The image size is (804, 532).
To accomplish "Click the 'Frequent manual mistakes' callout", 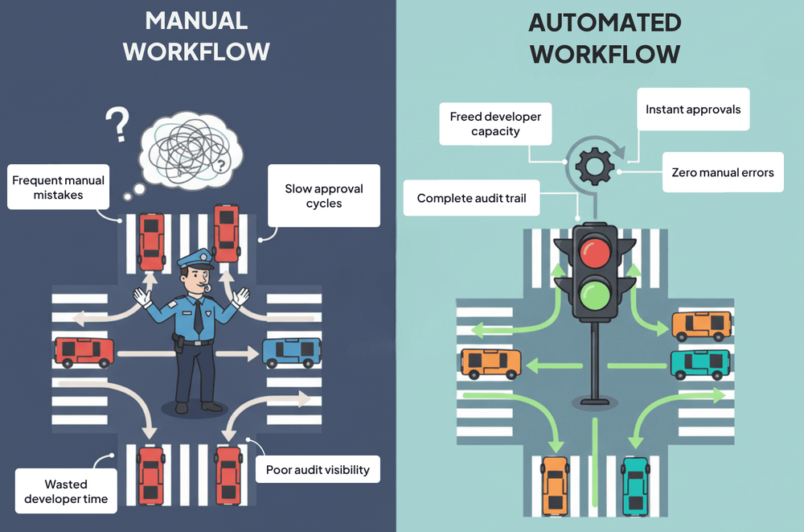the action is (x=58, y=187).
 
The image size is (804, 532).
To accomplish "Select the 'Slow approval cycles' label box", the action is (x=323, y=196).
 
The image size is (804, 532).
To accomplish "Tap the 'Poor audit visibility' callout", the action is (x=318, y=469).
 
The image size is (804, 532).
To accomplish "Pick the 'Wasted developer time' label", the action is (x=66, y=491).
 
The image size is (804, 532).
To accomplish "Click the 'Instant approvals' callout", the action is (x=693, y=109).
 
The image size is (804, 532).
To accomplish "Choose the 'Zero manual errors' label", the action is (x=723, y=172).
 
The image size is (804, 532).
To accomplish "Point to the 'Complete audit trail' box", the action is (x=472, y=198).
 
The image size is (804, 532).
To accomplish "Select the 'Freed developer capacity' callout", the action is (x=495, y=124).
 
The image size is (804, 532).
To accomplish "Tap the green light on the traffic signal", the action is (x=595, y=295).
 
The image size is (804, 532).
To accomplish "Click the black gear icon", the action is (x=595, y=166).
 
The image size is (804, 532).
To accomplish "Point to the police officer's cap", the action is (x=196, y=258).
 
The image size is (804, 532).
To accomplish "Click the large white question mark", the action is (x=117, y=124).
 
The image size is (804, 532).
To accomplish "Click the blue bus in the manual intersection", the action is (x=292, y=352).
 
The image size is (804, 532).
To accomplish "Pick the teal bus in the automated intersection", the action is (x=700, y=364).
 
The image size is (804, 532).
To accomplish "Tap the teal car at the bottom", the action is (x=636, y=485).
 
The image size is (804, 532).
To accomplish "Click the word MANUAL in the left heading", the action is (x=196, y=21).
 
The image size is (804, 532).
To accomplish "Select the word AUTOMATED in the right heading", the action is (x=605, y=23).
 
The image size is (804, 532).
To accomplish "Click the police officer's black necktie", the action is (x=198, y=316).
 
